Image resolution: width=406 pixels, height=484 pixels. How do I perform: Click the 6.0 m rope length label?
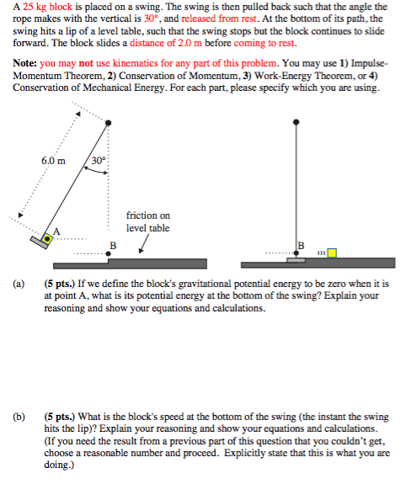[53, 161]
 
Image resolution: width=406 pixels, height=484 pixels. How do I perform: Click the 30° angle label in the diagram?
[99, 161]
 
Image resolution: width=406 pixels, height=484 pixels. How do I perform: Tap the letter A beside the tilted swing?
[56, 231]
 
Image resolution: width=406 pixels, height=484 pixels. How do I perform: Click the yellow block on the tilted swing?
[47, 239]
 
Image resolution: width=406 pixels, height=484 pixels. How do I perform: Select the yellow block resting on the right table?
[332, 253]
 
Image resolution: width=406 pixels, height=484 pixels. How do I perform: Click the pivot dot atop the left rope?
[108, 123]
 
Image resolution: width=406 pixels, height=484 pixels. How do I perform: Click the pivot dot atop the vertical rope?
[296, 122]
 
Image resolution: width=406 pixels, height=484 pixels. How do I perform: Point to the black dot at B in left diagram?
[108, 253]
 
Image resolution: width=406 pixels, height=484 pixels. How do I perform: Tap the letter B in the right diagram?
[301, 246]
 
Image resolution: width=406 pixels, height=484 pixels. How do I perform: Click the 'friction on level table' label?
[148, 221]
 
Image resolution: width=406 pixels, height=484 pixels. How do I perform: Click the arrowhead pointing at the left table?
[141, 251]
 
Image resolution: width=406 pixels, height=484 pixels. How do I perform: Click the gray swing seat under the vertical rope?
[296, 260]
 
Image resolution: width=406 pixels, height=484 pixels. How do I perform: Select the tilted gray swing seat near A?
[40, 242]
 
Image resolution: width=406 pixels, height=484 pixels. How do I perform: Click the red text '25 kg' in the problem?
[35, 7]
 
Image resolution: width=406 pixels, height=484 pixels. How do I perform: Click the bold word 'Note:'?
[24, 63]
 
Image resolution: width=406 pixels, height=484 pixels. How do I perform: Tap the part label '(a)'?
[19, 284]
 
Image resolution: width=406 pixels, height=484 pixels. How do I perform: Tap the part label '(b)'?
[19, 417]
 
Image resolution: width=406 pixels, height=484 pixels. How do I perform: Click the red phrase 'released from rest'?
[219, 19]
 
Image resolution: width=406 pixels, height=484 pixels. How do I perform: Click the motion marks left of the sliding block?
[321, 253]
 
